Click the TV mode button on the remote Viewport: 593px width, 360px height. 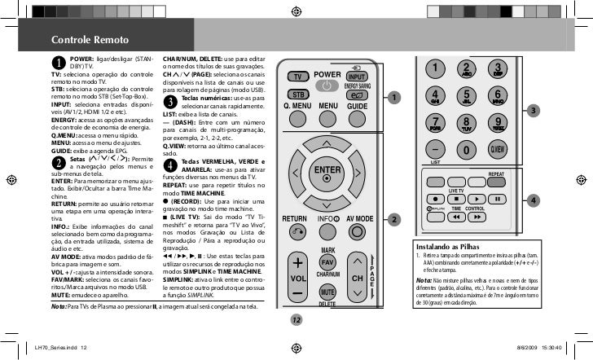[299, 77]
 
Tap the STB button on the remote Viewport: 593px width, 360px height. [299, 94]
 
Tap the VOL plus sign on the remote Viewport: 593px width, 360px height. [297, 263]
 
